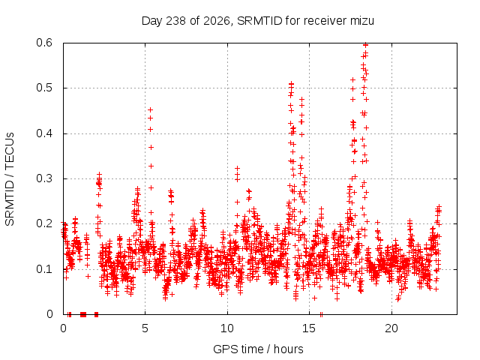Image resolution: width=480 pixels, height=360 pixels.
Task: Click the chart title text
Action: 258,21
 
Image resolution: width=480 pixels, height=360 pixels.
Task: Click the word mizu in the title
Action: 362,21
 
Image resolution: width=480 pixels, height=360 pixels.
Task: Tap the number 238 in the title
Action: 175,21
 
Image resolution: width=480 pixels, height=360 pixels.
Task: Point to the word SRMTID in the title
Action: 259,21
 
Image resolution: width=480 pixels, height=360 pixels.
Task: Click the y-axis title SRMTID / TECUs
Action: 10,179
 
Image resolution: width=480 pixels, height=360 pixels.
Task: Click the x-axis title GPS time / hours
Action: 258,349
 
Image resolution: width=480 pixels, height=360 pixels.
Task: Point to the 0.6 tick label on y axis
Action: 44,43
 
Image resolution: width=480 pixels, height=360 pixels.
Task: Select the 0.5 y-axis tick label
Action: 44,88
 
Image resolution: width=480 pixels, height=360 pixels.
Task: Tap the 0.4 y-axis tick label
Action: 44,133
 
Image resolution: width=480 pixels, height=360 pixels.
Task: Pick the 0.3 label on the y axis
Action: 44,178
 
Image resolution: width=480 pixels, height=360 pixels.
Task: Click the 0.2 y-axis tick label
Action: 44,223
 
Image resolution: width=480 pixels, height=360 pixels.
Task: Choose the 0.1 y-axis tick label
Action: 44,269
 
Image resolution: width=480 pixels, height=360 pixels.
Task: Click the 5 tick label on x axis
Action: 145,328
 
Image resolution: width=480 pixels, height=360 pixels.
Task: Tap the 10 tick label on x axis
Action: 227,328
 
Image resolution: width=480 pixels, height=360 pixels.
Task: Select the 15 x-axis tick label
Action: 309,328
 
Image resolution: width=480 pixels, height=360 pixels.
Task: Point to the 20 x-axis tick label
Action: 391,328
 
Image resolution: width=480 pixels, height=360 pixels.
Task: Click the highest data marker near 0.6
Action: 365,45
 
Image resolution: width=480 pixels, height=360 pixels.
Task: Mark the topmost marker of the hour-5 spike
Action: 150,110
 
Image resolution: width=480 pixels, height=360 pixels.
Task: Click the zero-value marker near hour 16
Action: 321,314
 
